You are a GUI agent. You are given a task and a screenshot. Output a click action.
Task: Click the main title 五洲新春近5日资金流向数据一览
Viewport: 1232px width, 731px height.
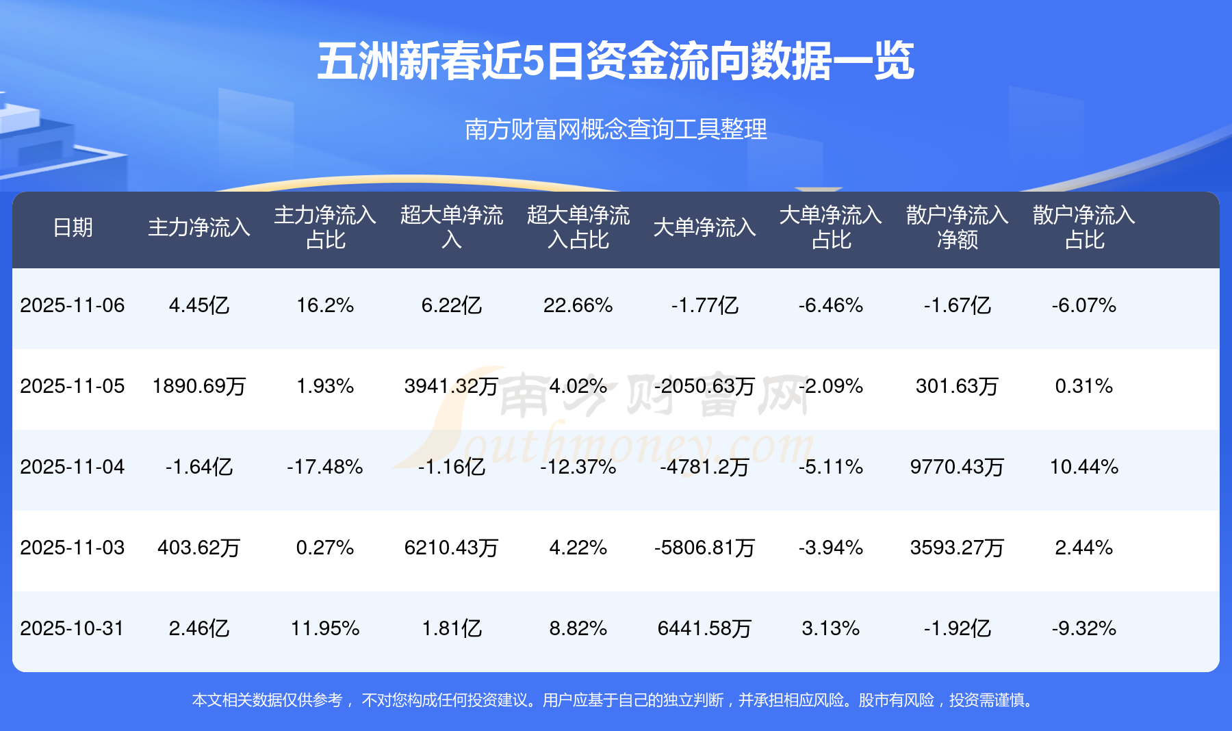(x=615, y=62)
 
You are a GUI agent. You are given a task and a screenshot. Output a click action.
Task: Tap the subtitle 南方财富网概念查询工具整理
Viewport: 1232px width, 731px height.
(x=615, y=129)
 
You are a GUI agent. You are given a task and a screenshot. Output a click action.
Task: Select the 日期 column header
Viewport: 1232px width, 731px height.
(x=73, y=227)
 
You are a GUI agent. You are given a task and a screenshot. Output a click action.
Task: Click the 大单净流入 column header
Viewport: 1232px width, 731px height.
(x=704, y=227)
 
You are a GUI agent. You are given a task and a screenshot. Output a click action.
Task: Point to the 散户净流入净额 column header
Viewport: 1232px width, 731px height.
(x=957, y=227)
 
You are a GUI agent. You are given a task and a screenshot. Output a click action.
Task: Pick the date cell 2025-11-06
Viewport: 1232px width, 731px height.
(x=73, y=305)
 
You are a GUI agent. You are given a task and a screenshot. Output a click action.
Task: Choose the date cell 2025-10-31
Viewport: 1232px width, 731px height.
(x=73, y=628)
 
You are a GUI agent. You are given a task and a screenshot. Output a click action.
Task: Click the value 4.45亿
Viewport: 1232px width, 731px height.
(x=199, y=305)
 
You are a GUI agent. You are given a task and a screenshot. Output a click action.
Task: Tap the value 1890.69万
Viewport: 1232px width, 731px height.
(x=199, y=386)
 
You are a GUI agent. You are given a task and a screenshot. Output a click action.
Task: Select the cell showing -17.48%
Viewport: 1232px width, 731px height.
(x=325, y=467)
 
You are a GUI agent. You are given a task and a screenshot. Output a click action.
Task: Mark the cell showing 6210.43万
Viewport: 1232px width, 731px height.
(x=452, y=548)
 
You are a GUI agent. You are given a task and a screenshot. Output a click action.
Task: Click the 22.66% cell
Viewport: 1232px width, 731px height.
(x=578, y=305)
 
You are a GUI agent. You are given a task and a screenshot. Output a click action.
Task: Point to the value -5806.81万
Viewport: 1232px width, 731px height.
(x=704, y=548)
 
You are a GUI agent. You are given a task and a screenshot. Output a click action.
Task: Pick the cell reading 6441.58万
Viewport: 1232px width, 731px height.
(x=704, y=628)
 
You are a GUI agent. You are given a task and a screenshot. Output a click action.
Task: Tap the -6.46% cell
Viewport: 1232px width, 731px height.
(x=830, y=305)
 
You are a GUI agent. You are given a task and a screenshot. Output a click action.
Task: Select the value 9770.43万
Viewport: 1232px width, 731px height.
(x=957, y=467)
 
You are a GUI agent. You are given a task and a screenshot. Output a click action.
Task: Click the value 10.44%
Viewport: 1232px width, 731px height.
(x=1084, y=467)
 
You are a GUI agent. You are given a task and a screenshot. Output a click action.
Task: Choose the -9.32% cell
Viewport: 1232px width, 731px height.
(x=1084, y=628)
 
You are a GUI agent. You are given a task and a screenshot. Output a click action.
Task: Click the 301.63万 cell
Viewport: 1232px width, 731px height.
(x=957, y=386)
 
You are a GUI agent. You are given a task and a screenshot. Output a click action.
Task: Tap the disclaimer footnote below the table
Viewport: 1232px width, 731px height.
(x=614, y=700)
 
